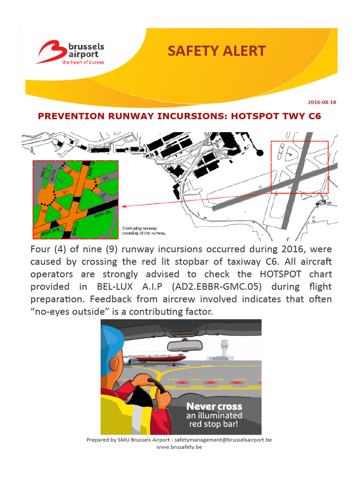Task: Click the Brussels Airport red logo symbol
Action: point(51,52)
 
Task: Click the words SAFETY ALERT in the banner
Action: point(217,51)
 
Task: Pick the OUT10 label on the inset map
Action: point(53,175)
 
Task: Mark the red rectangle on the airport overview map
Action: point(300,167)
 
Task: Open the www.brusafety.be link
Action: point(179,447)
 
